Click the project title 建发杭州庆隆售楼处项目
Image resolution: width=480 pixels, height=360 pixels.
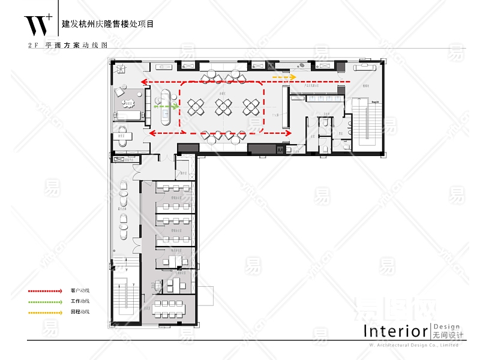pyautogui.click(x=108, y=25)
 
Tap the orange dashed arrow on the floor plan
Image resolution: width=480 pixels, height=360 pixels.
pyautogui.click(x=284, y=77)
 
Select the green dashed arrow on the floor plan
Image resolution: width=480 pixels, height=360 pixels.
pyautogui.click(x=166, y=106)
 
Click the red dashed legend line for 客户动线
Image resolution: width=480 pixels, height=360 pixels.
pyautogui.click(x=44, y=291)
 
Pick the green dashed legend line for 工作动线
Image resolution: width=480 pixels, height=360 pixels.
pyautogui.click(x=44, y=302)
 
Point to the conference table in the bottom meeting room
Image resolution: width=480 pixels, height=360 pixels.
pyautogui.click(x=173, y=309)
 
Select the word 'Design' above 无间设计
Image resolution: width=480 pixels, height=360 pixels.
pyautogui.click(x=446, y=326)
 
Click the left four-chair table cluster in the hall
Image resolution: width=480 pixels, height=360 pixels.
pyautogui.click(x=197, y=107)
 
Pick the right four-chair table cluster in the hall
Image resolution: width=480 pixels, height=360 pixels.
pyautogui.click(x=251, y=107)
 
